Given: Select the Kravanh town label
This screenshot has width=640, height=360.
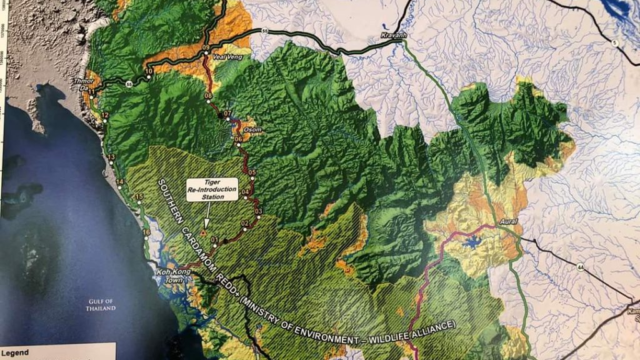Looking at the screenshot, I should [392, 36].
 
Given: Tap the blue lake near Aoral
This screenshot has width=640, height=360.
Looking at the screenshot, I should [470, 242].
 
